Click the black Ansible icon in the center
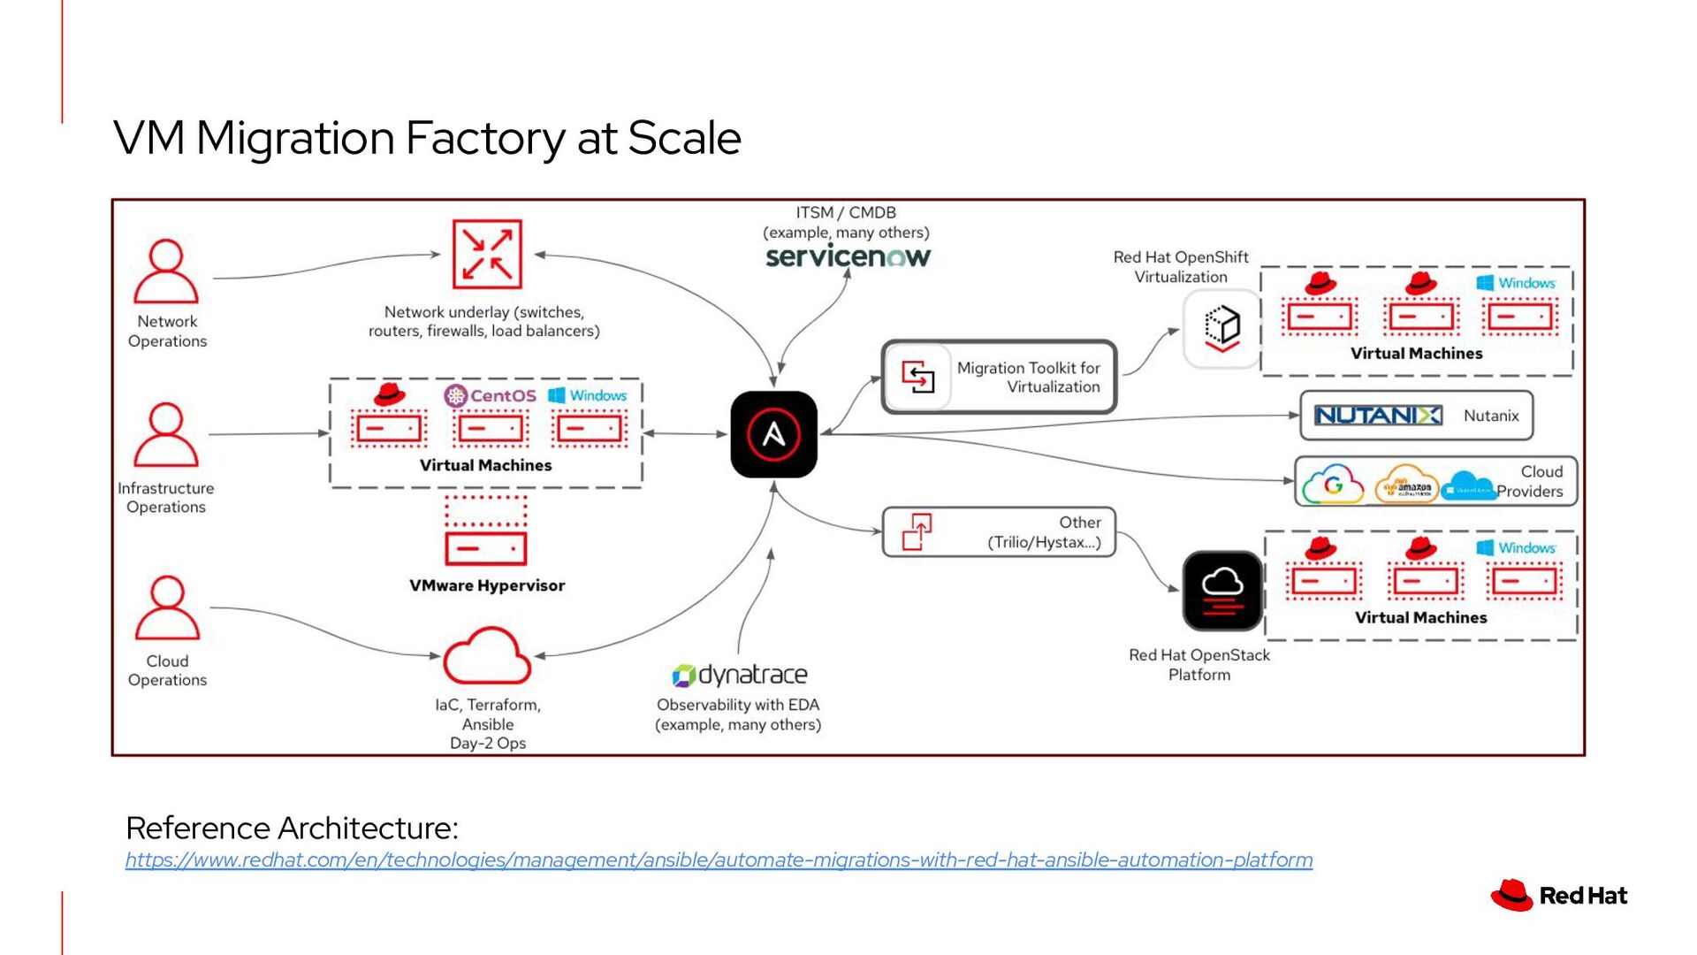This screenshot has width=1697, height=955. point(773,434)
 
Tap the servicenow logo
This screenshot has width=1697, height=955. point(848,257)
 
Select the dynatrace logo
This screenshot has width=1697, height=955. point(740,676)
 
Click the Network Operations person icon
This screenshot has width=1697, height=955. point(166,272)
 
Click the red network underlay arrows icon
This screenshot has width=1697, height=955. point(487,255)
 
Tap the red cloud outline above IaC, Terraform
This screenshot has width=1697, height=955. point(487,656)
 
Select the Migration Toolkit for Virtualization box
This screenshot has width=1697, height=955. point(999,378)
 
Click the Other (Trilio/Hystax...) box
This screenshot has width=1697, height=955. point(999,532)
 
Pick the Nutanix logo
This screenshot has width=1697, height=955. point(1378,416)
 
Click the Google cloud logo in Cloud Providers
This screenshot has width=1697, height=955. point(1333,485)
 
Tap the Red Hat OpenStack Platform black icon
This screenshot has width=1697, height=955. point(1222,591)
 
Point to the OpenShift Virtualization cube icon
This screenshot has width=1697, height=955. point(1221,328)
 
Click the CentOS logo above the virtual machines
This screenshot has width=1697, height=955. point(491,395)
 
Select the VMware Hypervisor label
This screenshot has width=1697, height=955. point(487,585)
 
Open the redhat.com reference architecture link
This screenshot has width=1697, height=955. point(719,859)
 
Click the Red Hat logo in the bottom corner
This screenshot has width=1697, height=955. point(1559,896)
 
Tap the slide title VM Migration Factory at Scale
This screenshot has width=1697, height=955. point(427,138)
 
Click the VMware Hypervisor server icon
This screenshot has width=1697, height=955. point(486,531)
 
